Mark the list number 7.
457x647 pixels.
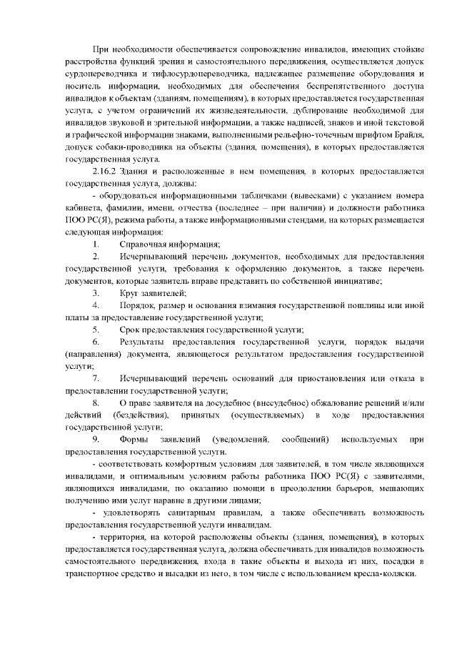tap(96, 378)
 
